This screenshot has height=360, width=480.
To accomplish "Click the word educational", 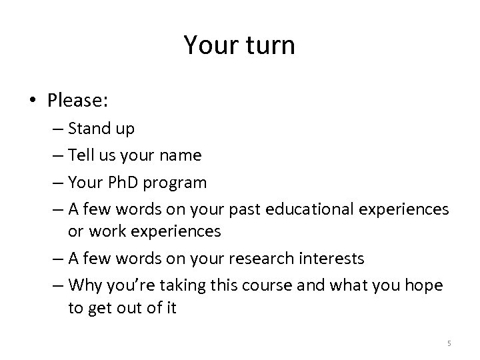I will coord(314,209).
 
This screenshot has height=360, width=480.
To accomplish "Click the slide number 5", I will coord(449,343).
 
